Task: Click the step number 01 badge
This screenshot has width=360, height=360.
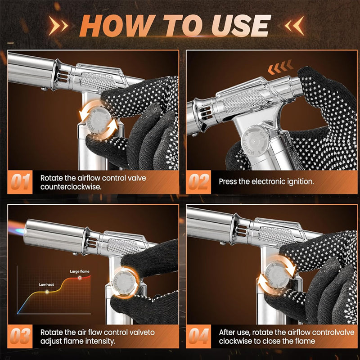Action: [20, 182]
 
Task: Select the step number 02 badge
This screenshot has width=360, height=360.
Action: [198, 182]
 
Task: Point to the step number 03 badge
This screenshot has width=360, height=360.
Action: [20, 336]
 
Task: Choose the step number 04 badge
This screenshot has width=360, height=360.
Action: [198, 336]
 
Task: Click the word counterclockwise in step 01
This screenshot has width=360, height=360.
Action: [71, 187]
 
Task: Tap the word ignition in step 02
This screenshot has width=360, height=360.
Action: [300, 182]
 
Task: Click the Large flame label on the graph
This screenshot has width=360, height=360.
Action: [80, 272]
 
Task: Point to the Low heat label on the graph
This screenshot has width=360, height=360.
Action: [46, 285]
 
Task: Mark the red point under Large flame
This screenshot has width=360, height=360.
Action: [80, 278]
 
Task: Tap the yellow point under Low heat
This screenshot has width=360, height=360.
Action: [47, 292]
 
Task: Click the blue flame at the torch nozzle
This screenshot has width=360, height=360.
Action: [17, 228]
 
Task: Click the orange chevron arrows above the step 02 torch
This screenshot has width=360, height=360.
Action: [280, 67]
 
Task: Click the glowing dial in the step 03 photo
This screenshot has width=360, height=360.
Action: [125, 283]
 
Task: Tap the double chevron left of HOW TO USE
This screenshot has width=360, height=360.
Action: [58, 26]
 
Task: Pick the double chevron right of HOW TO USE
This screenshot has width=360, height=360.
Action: [295, 26]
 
